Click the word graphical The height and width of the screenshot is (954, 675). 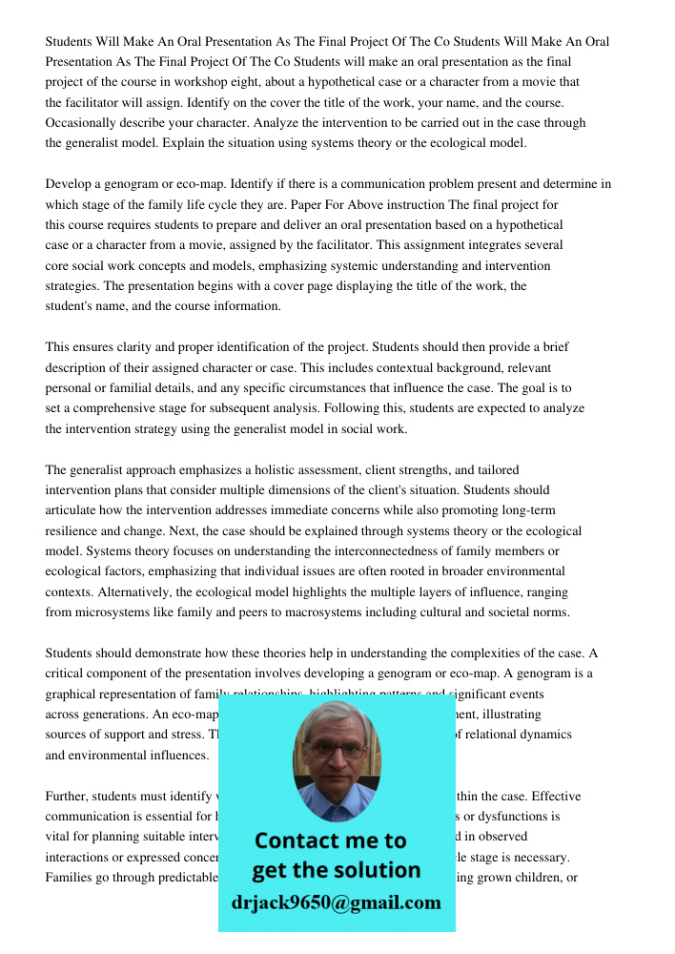76,694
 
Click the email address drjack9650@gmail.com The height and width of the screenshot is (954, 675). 336,902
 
